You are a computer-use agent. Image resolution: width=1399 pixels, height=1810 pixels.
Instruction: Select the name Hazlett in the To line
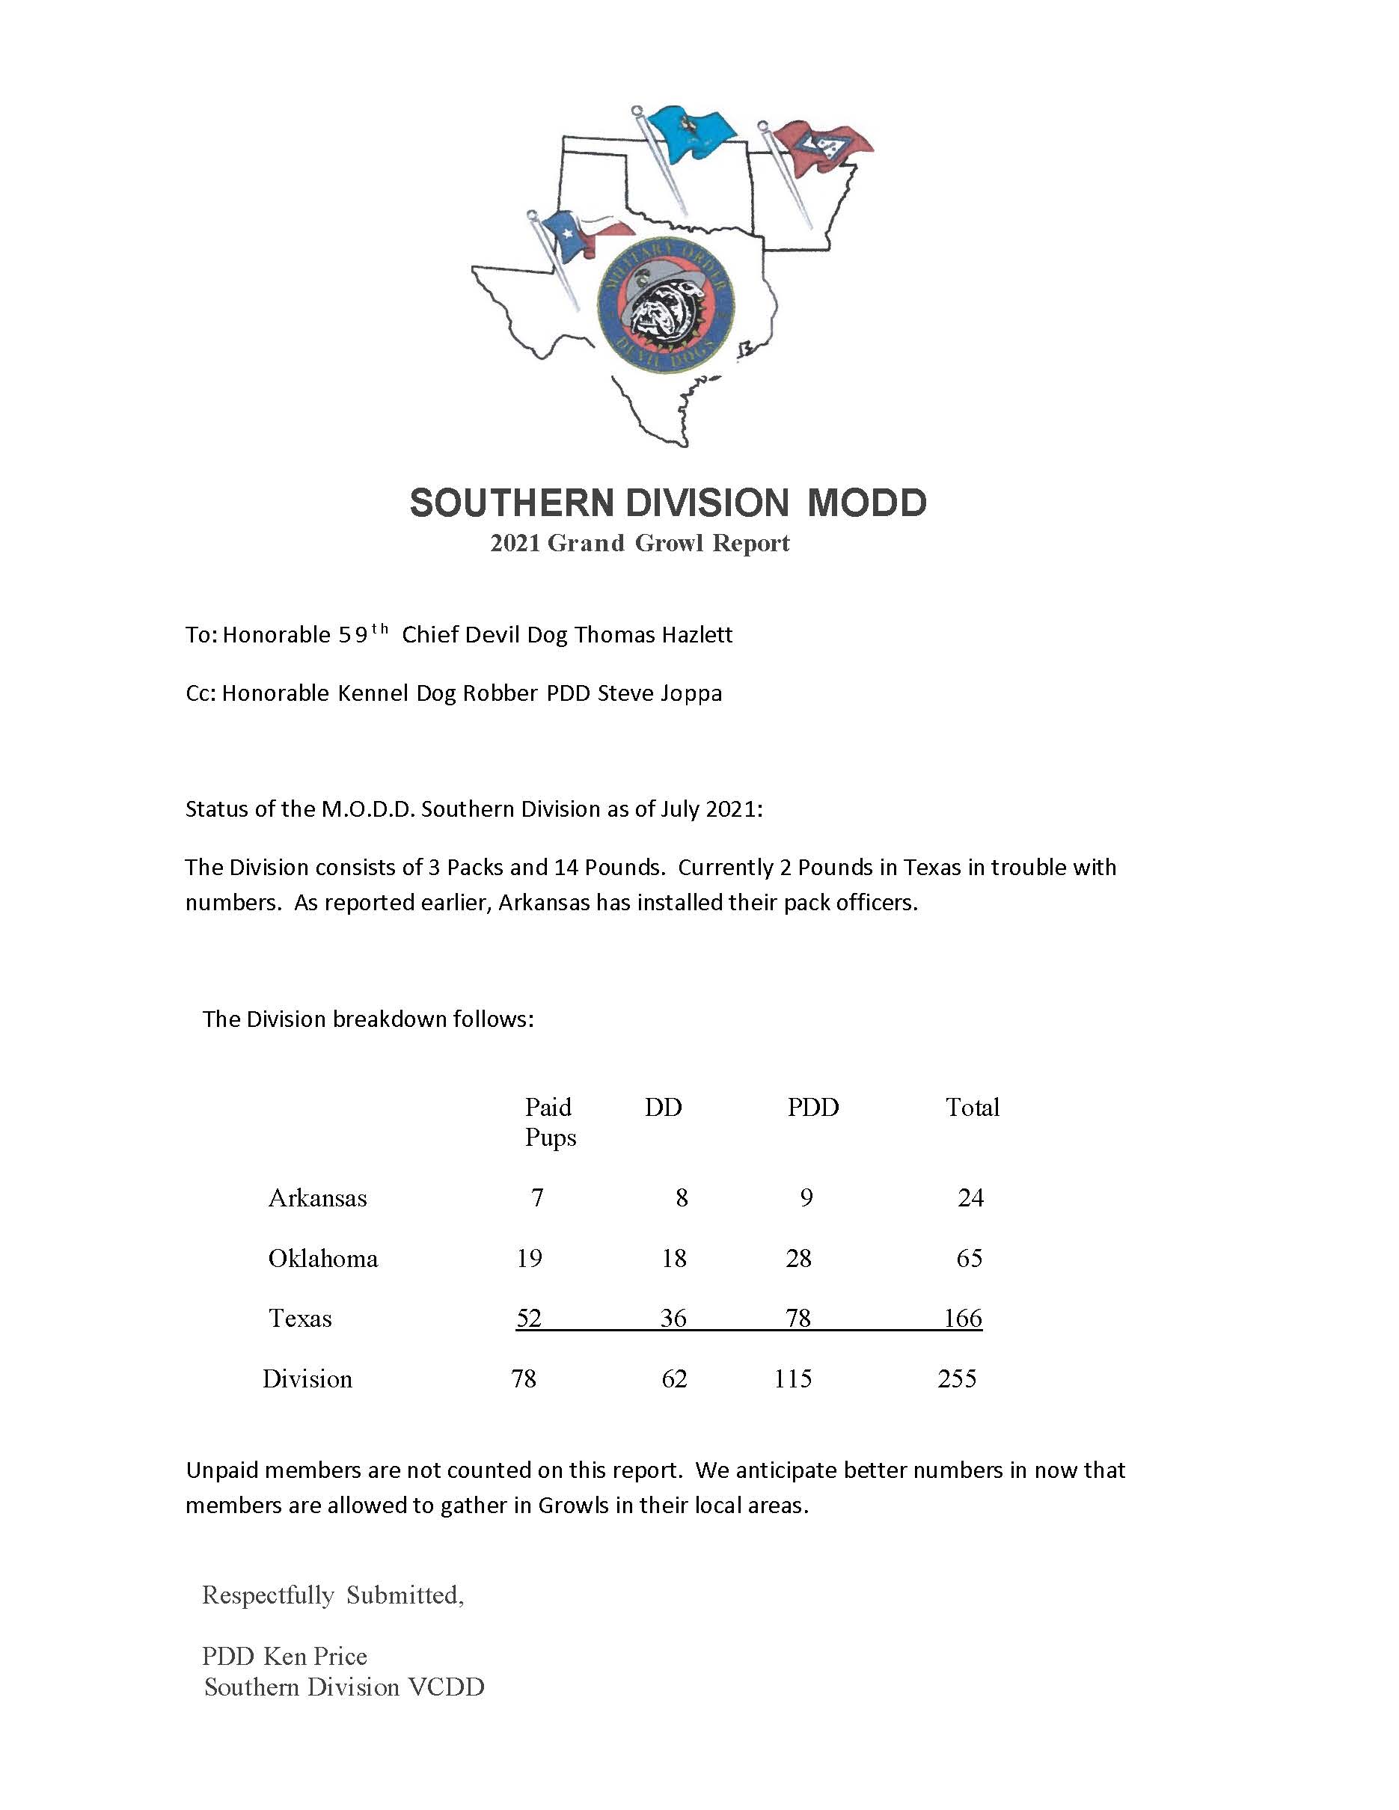point(694,635)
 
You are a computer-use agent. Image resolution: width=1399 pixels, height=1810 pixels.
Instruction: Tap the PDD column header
point(812,1107)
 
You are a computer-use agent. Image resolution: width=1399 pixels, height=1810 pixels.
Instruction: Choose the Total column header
point(972,1107)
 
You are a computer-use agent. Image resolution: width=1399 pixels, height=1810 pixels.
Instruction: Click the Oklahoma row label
point(322,1258)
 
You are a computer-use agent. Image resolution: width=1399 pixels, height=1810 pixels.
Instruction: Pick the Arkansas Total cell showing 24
point(970,1197)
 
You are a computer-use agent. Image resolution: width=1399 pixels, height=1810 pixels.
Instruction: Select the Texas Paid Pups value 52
point(529,1318)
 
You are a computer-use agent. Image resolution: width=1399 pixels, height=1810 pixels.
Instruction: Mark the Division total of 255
point(958,1378)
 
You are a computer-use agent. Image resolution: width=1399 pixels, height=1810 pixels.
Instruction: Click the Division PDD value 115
point(792,1378)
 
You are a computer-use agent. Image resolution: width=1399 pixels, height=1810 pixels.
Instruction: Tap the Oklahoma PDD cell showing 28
point(798,1258)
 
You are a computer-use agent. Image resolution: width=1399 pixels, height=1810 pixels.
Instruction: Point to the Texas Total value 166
point(963,1318)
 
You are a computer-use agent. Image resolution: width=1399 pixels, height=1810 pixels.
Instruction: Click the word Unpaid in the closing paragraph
point(223,1470)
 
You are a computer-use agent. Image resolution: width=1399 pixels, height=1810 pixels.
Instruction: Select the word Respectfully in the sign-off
point(268,1595)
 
